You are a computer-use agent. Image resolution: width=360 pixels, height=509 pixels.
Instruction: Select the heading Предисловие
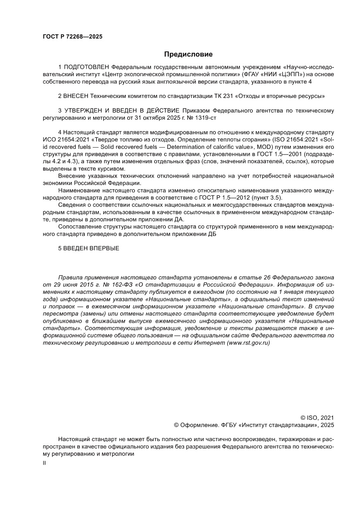click(x=188, y=54)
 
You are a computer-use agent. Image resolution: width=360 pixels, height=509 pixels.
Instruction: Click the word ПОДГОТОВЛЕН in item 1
click(x=86, y=67)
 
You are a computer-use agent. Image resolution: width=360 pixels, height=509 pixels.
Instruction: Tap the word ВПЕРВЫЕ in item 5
click(x=102, y=248)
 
